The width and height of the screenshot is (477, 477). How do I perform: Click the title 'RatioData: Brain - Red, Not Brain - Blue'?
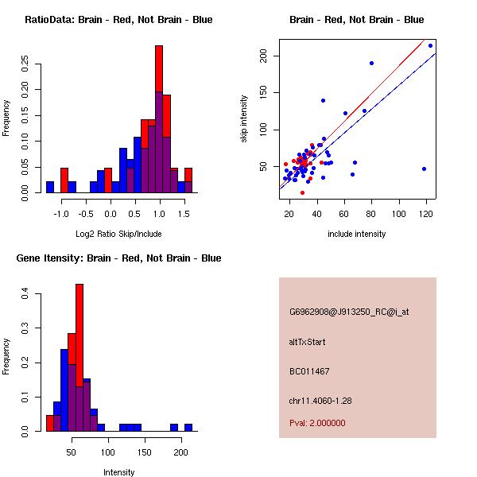pos(118,20)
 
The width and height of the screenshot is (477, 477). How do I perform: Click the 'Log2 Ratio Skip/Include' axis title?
pos(118,234)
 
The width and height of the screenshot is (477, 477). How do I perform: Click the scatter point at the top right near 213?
pos(430,45)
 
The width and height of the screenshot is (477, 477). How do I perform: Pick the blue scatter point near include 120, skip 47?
pos(424,169)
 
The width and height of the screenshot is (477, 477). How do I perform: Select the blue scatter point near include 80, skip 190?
pos(371,63)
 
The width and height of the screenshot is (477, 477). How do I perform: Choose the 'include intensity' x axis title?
pos(356,234)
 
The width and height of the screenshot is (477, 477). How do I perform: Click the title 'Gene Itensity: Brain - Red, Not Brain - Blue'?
pos(118,258)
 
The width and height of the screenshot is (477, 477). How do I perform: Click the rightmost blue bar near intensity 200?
pos(188,427)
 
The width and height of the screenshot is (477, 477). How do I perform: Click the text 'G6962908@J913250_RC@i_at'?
pos(349,312)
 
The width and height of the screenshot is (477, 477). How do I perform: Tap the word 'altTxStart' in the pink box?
pos(308,342)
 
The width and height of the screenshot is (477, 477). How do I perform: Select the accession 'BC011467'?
pos(309,371)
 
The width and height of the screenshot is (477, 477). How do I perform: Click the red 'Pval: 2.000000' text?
pos(317,423)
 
